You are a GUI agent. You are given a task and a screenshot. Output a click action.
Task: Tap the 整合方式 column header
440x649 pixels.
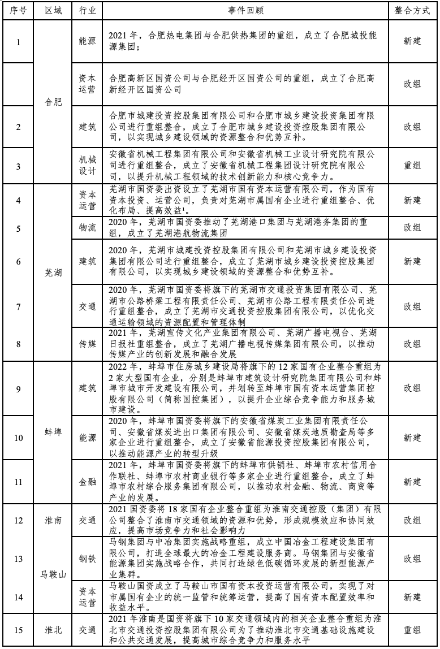pos(412,11)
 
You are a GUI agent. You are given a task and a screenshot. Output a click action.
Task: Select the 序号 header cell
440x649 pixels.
pos(18,11)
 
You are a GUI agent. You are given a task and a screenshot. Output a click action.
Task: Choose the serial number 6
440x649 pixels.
pos(18,262)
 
